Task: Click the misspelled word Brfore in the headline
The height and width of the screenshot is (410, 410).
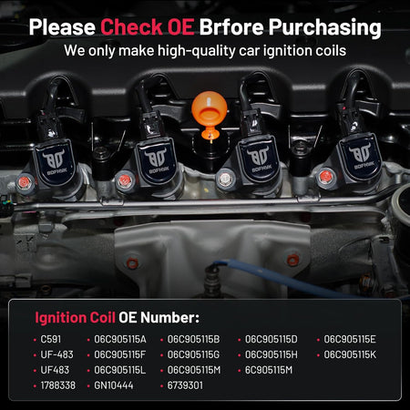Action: (x=231, y=26)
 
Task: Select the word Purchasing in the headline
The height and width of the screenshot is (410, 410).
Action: (x=324, y=28)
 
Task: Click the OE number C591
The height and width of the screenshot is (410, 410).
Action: (x=51, y=339)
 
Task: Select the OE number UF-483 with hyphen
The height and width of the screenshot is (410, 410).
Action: (x=56, y=354)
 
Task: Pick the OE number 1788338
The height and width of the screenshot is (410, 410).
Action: (x=58, y=385)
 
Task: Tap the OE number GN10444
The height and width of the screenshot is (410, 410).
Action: (x=114, y=385)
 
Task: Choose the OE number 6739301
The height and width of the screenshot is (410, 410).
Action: (x=185, y=385)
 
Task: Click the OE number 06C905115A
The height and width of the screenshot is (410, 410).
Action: (x=120, y=339)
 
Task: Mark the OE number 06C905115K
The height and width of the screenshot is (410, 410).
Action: (x=350, y=354)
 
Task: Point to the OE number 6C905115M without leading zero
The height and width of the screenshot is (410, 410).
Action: (x=269, y=370)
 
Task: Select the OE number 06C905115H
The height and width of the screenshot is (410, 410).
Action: (x=272, y=354)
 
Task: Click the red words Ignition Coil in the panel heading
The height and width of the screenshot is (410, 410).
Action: (x=75, y=318)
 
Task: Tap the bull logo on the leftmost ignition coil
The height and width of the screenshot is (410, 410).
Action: (x=54, y=159)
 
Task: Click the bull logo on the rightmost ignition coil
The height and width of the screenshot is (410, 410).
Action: (x=360, y=152)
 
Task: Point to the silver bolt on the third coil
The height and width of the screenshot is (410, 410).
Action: (x=225, y=179)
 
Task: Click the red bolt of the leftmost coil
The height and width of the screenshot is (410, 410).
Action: (x=24, y=182)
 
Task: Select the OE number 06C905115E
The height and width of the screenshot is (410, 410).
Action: (x=350, y=339)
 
